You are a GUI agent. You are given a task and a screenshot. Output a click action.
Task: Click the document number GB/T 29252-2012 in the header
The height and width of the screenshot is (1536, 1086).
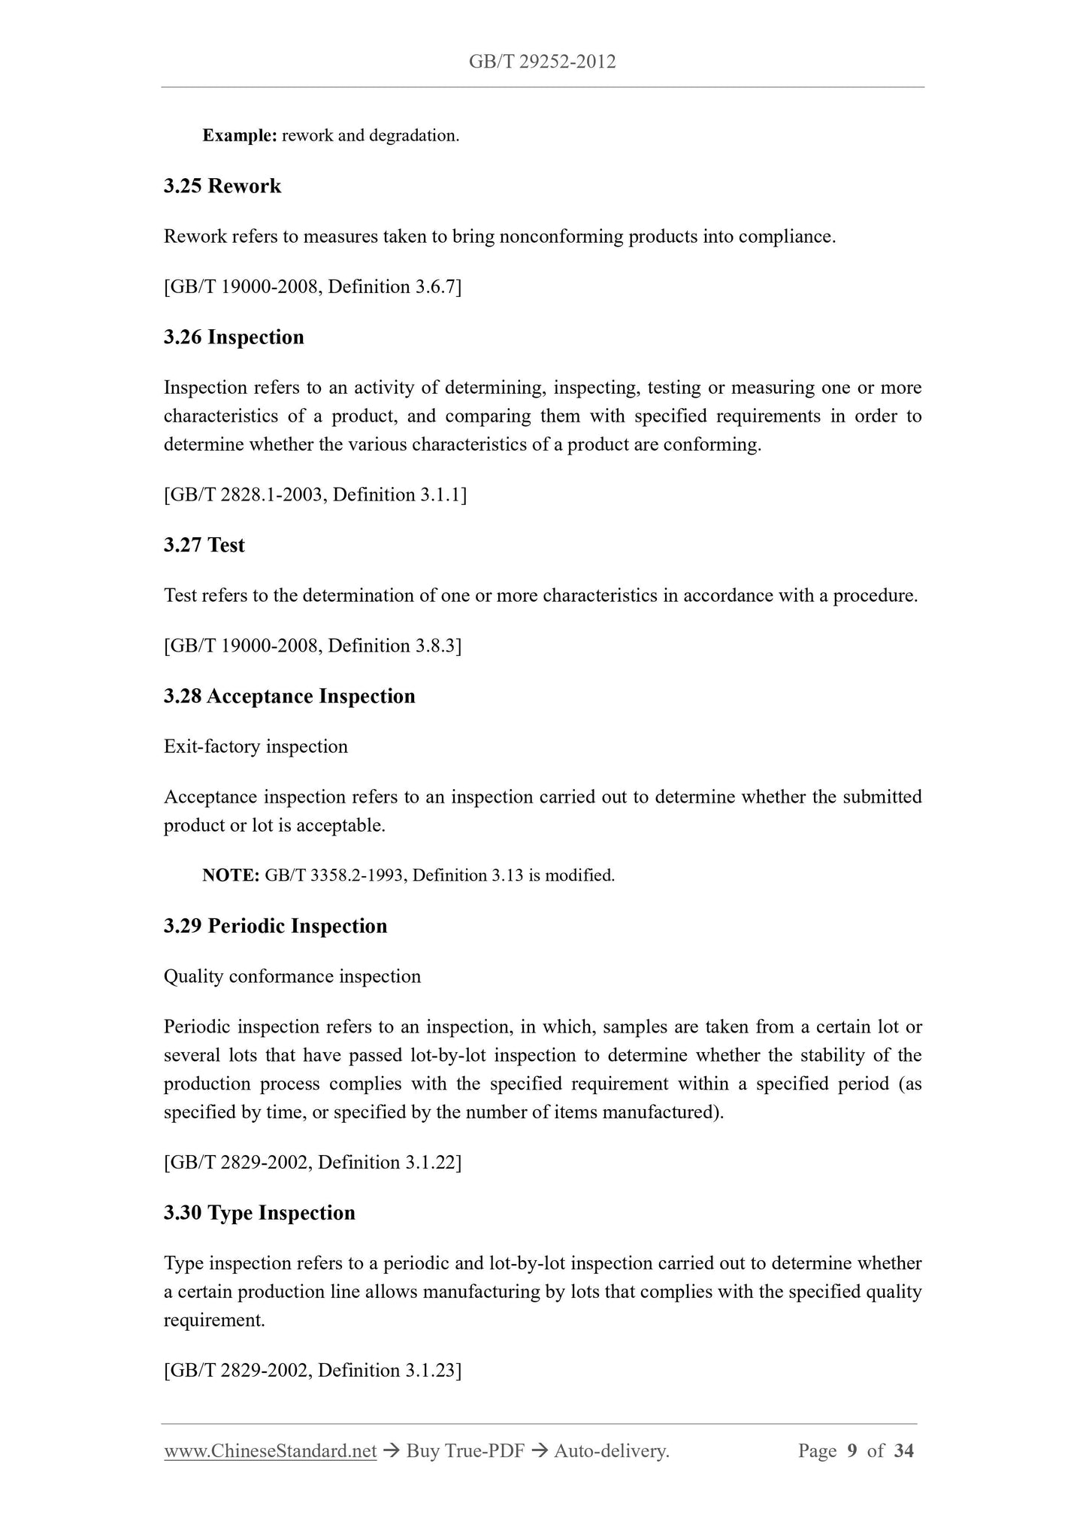pos(542,62)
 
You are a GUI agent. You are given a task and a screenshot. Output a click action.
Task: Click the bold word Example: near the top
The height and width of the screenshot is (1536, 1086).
pos(240,136)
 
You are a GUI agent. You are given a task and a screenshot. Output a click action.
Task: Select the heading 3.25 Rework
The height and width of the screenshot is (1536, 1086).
pos(222,186)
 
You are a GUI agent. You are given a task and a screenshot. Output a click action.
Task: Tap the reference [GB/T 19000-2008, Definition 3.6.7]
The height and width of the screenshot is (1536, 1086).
pos(313,287)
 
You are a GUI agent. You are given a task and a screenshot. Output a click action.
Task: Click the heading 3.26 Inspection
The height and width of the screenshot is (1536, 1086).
pos(234,337)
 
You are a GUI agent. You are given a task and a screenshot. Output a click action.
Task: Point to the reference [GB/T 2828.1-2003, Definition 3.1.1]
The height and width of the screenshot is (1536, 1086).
pos(315,495)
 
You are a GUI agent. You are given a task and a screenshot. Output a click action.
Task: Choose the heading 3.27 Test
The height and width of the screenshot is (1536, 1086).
pos(204,546)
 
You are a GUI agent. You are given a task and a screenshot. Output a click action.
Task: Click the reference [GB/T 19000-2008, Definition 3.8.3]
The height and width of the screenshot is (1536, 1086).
pos(313,646)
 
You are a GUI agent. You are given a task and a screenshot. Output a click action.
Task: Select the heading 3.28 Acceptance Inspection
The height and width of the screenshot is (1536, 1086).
pos(289,697)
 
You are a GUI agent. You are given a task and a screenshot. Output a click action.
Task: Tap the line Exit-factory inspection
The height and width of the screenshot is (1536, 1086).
pos(256,747)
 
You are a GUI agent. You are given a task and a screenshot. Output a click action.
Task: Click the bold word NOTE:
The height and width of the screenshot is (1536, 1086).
pos(231,875)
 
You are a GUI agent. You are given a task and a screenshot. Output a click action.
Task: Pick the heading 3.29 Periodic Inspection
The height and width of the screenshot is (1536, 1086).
pos(275,927)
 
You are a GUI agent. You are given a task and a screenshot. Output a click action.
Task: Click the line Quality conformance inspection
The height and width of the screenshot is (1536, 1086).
pos(292,977)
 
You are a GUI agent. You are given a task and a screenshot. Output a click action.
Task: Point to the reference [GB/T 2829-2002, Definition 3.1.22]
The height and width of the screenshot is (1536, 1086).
pos(313,1163)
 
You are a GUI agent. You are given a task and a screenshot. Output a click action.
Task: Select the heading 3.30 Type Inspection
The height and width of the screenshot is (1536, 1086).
pos(259,1214)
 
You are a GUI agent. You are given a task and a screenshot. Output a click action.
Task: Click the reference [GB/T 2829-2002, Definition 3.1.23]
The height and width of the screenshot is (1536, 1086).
pos(313,1371)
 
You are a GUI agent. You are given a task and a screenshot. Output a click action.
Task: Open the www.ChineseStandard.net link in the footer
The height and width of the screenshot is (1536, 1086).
pos(270,1452)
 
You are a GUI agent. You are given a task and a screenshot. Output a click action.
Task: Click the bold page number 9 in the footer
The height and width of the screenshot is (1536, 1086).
pos(852,1451)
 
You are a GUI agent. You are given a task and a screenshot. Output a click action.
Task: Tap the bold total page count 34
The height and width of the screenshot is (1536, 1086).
pos(903,1451)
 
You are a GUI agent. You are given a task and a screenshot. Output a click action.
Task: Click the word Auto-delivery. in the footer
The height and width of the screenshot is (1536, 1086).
pos(611,1452)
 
